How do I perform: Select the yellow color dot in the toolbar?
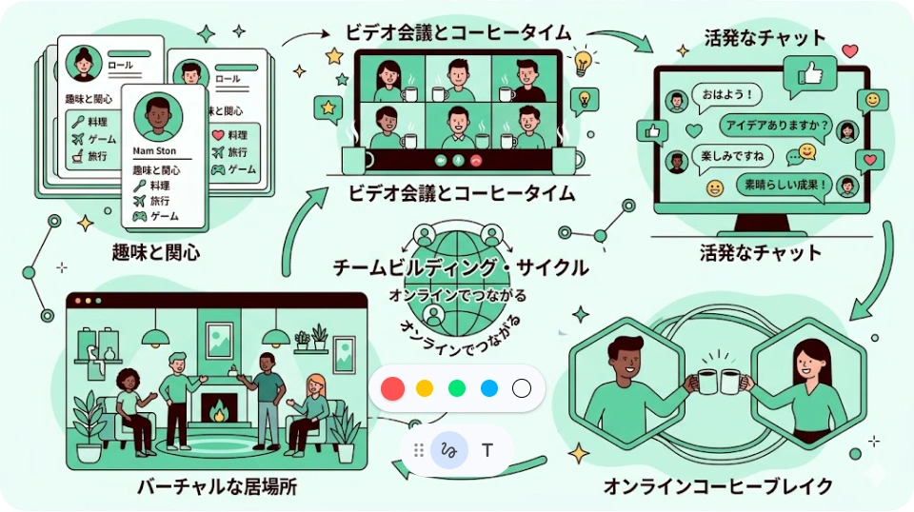[x=425, y=388]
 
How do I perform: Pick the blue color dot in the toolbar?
[x=489, y=388]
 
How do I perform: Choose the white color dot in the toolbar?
[x=521, y=388]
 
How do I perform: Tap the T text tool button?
[x=487, y=450]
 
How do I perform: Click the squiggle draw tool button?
[x=449, y=450]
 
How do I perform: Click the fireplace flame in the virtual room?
[x=219, y=412]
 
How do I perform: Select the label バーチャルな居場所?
[x=217, y=487]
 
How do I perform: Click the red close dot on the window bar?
[x=77, y=301]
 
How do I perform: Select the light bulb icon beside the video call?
[x=583, y=62]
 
